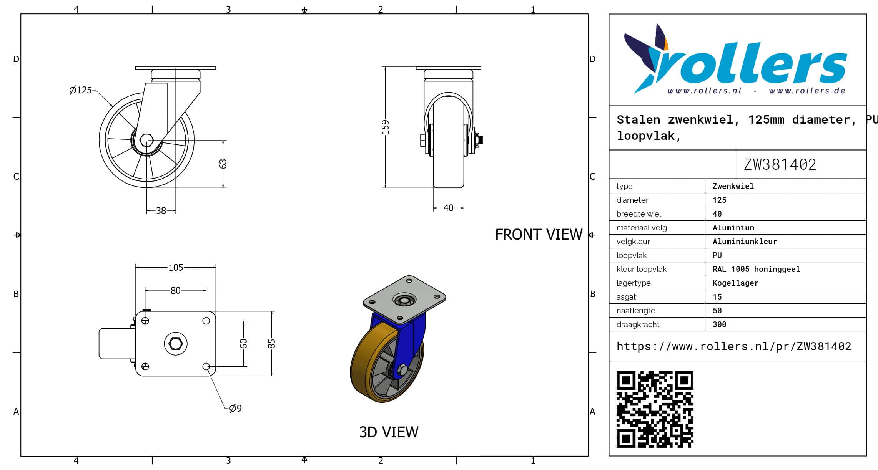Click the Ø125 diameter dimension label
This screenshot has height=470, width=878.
coord(80,90)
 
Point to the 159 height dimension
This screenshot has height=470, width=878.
coord(385,127)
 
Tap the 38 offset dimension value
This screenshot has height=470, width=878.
coord(161,211)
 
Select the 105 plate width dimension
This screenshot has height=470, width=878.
coord(176,268)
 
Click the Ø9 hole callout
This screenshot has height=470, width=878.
coord(235,408)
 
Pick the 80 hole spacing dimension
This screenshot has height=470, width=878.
coord(176,291)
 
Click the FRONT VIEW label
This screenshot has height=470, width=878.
coord(539,234)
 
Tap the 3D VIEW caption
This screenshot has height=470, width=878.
coord(389,432)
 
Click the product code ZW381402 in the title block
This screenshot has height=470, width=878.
coord(780,165)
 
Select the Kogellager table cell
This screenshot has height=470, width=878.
coord(735,283)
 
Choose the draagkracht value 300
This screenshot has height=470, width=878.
coord(719,324)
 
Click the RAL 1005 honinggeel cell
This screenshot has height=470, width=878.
coord(756,269)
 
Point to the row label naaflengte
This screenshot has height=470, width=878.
coord(636,311)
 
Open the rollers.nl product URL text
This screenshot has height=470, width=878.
coord(734,346)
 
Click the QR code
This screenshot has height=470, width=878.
coord(655,409)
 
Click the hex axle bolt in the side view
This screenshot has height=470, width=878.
coord(146,140)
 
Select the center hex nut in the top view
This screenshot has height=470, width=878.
coord(176,344)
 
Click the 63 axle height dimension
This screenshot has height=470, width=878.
coord(223,164)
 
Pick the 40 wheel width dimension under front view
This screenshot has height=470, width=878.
coord(448,208)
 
